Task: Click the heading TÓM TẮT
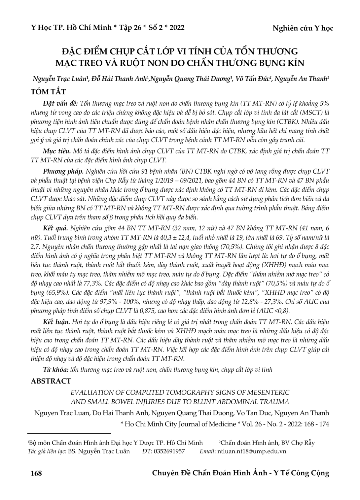(x=48, y=91)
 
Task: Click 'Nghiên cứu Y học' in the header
(x=303, y=28)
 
